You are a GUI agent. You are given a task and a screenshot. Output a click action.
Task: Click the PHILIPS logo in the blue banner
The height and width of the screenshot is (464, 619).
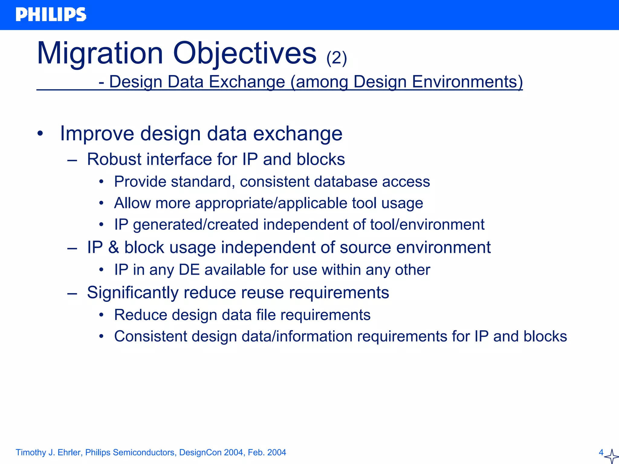pyautogui.click(x=51, y=15)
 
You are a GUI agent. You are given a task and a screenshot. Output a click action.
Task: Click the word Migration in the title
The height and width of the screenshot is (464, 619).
pyautogui.click(x=100, y=54)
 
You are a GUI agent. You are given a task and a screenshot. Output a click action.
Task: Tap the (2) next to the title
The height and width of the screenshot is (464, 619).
pyautogui.click(x=336, y=58)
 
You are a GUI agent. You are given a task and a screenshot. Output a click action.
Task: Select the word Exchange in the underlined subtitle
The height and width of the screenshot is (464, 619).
pyautogui.click(x=247, y=82)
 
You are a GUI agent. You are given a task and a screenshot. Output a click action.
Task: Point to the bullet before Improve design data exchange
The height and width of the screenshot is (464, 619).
pyautogui.click(x=41, y=133)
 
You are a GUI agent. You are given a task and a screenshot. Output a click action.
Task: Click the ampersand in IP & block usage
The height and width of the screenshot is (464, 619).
pyautogui.click(x=114, y=247)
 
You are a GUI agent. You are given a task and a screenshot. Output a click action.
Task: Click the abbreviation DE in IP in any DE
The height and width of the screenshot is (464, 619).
pyautogui.click(x=189, y=270)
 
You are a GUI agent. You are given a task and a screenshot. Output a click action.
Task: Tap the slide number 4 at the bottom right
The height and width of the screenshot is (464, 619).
pyautogui.click(x=601, y=453)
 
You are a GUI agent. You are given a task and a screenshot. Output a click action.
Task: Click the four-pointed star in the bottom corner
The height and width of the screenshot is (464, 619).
pyautogui.click(x=611, y=456)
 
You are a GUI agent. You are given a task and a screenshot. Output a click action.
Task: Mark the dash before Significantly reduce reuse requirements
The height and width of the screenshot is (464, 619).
pyautogui.click(x=72, y=293)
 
